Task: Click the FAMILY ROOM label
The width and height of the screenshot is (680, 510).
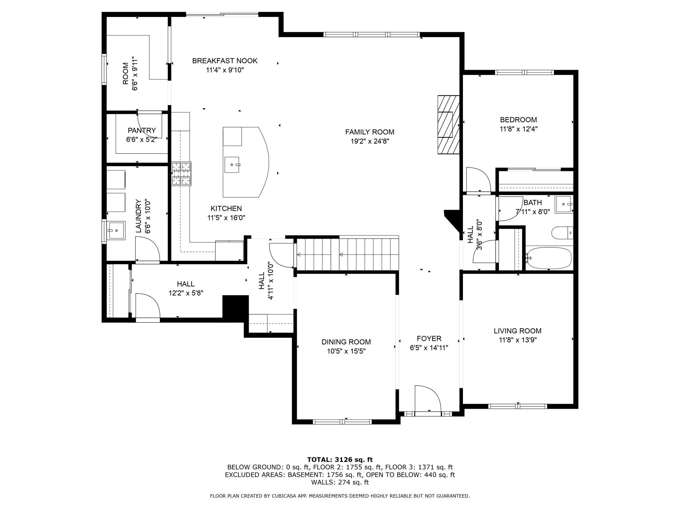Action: click(x=370, y=132)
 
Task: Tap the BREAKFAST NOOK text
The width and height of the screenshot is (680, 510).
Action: click(x=225, y=61)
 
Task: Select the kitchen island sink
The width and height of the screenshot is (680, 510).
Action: click(x=232, y=165)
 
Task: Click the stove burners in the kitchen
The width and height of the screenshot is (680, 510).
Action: click(x=181, y=174)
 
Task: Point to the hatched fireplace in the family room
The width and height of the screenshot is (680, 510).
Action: click(x=449, y=125)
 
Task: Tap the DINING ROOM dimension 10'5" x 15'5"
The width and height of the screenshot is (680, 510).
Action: click(x=346, y=351)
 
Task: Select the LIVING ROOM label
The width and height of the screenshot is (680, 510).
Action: click(x=518, y=331)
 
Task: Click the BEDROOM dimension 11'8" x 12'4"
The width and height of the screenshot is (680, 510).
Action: click(x=518, y=129)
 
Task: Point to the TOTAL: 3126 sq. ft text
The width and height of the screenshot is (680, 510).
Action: click(x=340, y=460)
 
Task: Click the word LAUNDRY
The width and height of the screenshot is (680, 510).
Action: click(x=138, y=216)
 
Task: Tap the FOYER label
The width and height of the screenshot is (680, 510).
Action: click(x=429, y=338)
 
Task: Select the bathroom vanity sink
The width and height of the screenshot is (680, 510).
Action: click(x=564, y=204)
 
